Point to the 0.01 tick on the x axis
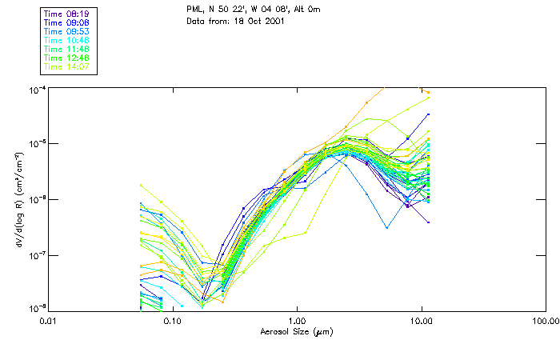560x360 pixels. [x=49, y=321]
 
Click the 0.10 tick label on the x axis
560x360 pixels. [x=173, y=321]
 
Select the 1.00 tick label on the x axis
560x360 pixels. [x=298, y=321]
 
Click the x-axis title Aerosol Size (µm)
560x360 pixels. [x=297, y=331]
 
